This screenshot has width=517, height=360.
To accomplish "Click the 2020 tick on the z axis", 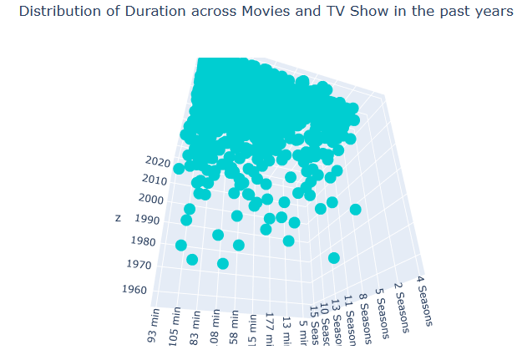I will [156, 161].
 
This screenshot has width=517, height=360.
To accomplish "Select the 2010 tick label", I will [154, 179].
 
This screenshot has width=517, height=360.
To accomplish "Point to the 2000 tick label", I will [151, 199].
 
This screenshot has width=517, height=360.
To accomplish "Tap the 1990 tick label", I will [146, 219].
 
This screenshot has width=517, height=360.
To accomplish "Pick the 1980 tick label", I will [143, 241].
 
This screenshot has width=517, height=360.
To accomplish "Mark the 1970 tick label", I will [139, 264].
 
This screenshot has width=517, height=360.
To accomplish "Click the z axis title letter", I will [118, 218].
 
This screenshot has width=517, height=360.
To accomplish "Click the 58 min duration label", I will [234, 327].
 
